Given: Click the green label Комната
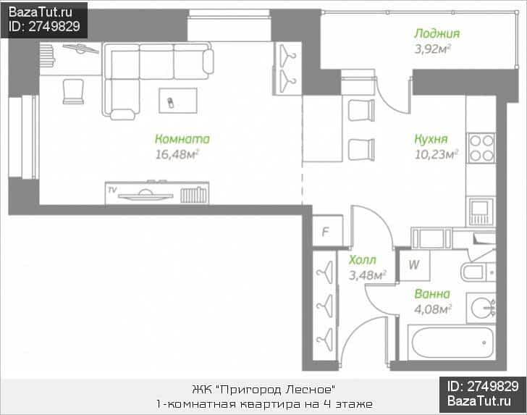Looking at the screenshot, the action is [182, 139].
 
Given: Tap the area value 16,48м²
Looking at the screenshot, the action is [177, 154].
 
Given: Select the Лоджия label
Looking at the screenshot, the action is [437, 33].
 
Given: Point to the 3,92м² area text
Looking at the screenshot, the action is [433, 49].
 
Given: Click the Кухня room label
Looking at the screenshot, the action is [431, 139].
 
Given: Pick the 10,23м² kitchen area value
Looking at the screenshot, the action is [437, 154].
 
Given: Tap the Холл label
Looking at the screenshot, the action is [362, 260].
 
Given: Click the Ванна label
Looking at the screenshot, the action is [432, 294].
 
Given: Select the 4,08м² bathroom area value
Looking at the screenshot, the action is [433, 309].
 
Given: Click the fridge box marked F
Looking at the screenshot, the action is [327, 231].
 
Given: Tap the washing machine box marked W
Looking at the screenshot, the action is [414, 265].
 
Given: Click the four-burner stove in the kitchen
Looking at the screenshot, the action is [481, 148].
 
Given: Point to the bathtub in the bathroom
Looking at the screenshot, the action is [452, 343].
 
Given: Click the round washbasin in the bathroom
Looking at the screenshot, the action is [481, 308].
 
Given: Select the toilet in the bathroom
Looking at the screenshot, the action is [477, 272].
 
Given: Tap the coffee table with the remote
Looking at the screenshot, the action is [178, 101].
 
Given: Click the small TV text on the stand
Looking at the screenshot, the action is [112, 190].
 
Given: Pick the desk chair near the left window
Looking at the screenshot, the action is [73, 91].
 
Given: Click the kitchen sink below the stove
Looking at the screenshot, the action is [481, 212].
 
